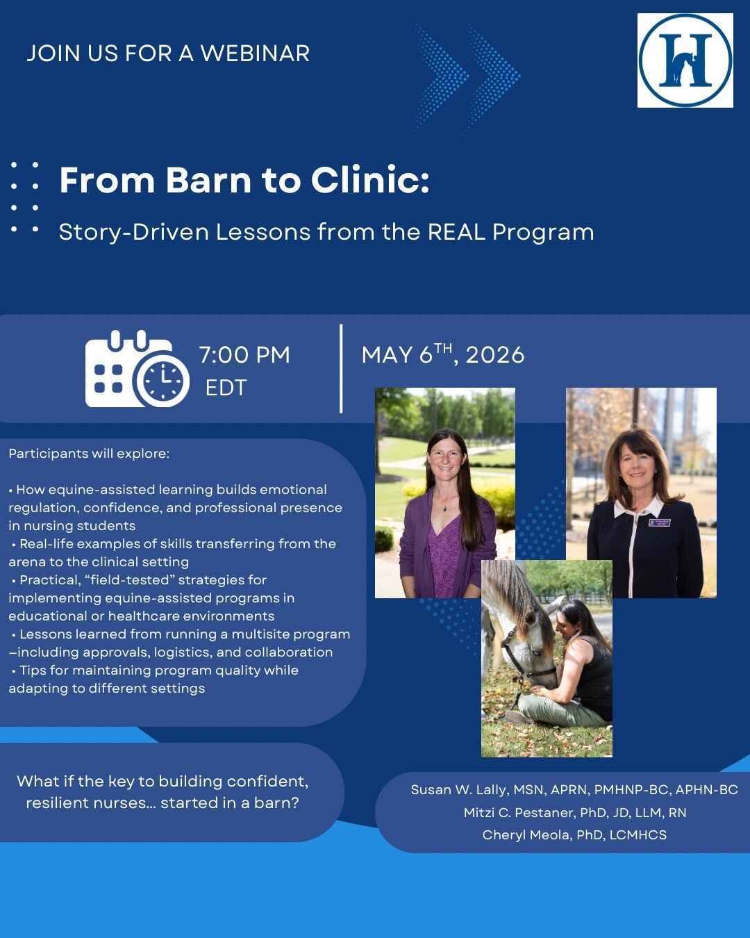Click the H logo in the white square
(x=685, y=60)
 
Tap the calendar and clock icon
(x=137, y=370)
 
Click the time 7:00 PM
(x=244, y=354)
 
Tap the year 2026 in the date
(x=495, y=355)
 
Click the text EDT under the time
(x=226, y=388)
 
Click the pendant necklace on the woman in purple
(x=444, y=508)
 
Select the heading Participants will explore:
(x=89, y=454)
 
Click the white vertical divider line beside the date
(x=341, y=368)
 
